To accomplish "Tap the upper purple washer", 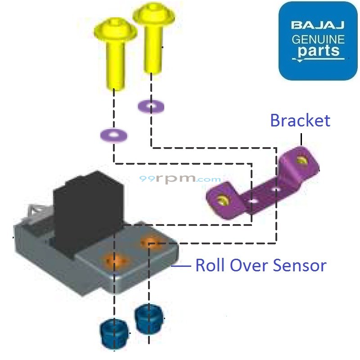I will click(151, 107).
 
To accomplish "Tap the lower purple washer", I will click(114, 135).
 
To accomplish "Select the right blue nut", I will click(148, 319).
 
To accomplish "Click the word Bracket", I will click(300, 121).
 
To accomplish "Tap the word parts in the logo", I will click(318, 50).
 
